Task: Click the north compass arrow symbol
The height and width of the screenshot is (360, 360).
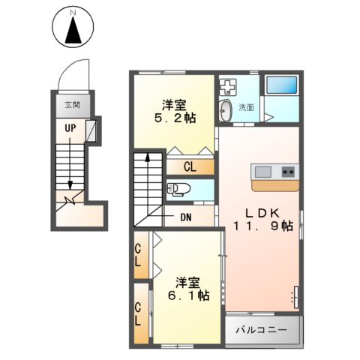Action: click(x=73, y=32)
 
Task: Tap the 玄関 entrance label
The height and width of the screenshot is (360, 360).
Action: click(x=72, y=105)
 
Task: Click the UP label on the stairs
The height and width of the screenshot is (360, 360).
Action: click(x=69, y=128)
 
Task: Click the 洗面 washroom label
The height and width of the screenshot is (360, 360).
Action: click(x=246, y=107)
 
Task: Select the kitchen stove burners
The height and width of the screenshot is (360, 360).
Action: click(x=288, y=170)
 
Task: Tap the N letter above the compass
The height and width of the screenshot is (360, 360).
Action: click(x=73, y=13)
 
